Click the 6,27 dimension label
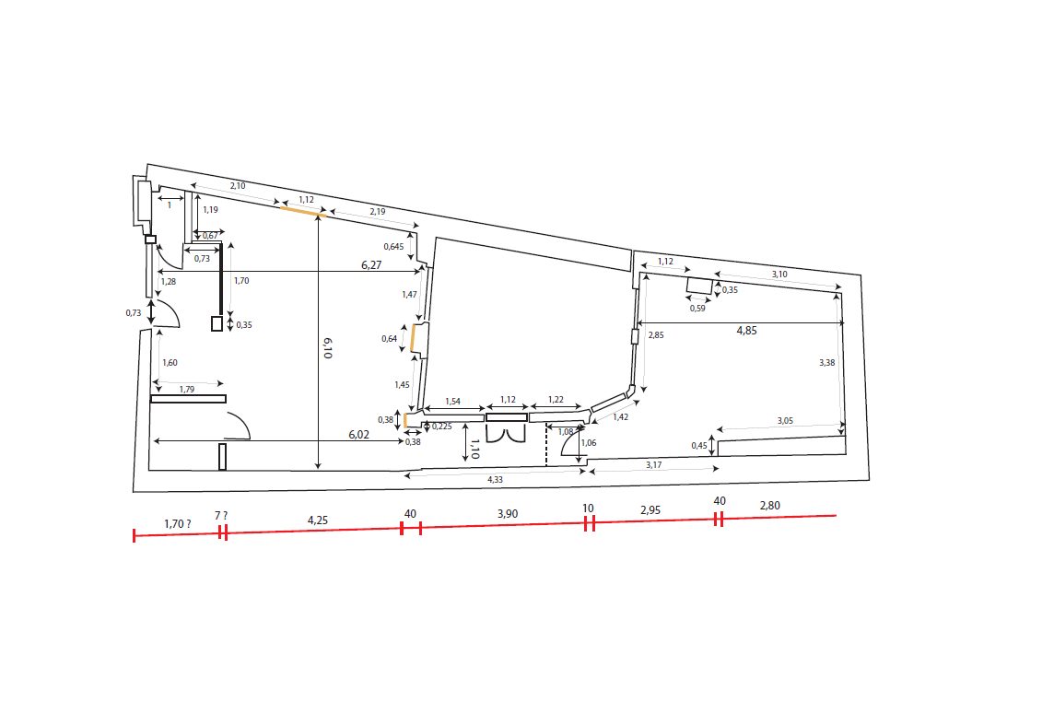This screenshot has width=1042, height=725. point(371,264)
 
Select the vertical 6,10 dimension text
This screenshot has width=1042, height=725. point(327,347)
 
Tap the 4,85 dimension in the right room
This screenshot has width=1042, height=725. point(746,331)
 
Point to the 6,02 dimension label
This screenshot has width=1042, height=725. point(359,434)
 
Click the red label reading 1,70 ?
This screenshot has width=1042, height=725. point(178,523)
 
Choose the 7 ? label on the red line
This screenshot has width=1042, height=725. point(221,515)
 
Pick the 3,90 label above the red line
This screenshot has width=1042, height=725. point(508,514)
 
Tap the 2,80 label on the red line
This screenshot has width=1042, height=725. point(769,506)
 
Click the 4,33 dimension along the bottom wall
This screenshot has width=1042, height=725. point(495,479)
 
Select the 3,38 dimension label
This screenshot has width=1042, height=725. point(826,362)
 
